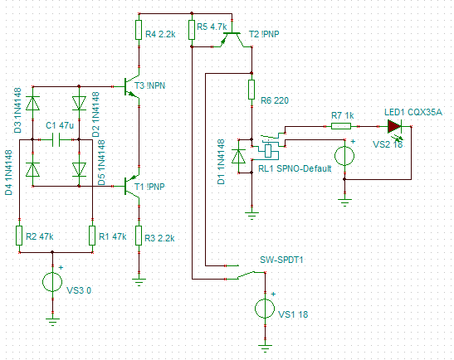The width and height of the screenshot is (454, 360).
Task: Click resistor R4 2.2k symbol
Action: (139, 30)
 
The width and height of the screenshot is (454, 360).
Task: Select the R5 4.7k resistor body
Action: (192, 30)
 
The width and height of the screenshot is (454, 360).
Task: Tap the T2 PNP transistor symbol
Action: (232, 39)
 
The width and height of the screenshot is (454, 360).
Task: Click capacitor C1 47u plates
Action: (56, 140)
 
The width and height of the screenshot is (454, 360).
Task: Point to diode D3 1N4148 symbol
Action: (32, 104)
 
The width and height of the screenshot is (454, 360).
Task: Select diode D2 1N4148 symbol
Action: (79, 104)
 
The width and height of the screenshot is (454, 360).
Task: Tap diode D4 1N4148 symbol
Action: (32, 170)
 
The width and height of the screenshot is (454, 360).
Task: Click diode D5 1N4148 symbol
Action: (79, 170)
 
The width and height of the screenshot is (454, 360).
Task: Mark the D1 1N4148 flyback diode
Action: (239, 157)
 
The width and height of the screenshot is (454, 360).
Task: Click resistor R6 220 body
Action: (251, 90)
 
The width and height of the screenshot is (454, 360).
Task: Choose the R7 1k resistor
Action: (341, 126)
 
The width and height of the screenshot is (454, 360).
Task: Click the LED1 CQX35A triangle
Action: (394, 126)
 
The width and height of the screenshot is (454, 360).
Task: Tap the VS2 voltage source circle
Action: (344, 156)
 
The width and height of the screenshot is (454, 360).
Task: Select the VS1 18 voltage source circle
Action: (265, 309)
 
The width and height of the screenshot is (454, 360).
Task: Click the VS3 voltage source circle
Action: (52, 281)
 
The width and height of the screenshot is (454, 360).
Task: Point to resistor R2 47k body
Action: (19, 236)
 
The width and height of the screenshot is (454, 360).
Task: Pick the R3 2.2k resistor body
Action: (139, 236)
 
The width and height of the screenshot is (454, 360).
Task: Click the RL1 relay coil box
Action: (268, 151)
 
